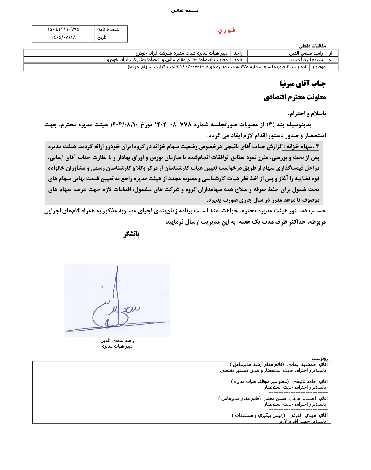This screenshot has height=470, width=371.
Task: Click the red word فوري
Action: [226, 30]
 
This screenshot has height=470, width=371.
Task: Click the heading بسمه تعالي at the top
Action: [184, 11]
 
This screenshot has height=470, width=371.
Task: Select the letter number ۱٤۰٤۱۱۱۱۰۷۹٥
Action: [63, 30]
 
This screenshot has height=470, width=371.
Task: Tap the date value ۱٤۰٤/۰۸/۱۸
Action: [63, 38]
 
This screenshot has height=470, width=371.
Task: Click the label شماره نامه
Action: [108, 30]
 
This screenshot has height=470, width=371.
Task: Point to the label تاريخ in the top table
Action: [102, 38]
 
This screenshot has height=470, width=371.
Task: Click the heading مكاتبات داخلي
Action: [312, 46]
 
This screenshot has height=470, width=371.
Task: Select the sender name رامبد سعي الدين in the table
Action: [306, 53]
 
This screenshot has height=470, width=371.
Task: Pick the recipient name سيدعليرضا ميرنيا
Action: [306, 60]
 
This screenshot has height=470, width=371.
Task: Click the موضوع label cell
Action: [319, 67]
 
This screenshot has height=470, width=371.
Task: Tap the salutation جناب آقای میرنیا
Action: [302, 84]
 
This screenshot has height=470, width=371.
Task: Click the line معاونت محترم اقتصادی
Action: [295, 98]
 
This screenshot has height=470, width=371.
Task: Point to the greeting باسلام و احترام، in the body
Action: [307, 114]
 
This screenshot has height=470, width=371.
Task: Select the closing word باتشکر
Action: [131, 234]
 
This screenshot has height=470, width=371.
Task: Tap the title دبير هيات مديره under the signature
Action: [117, 346]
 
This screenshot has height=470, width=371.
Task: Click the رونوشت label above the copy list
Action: [319, 358]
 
